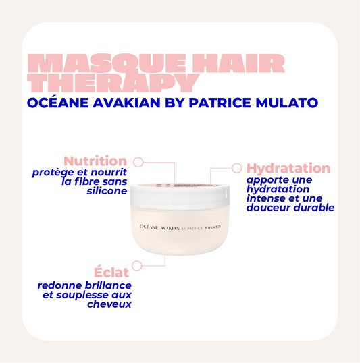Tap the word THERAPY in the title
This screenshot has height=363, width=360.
click(114, 82)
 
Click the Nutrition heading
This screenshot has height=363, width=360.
click(95, 161)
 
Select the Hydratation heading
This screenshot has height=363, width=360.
click(288, 169)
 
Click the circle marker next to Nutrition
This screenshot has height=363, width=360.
click(138, 162)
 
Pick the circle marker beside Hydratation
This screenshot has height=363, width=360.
click(236, 167)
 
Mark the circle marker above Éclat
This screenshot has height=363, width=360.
click(137, 265)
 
